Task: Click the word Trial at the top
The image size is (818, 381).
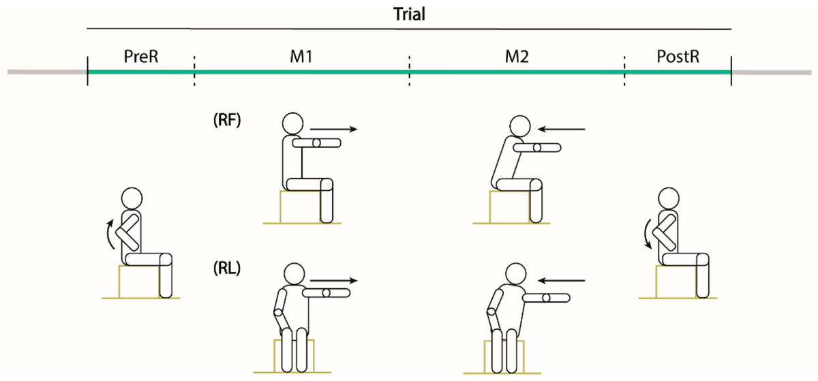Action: click(x=409, y=14)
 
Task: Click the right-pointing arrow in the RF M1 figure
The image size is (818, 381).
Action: click(x=333, y=128)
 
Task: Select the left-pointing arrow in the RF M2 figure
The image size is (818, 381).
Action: click(x=560, y=128)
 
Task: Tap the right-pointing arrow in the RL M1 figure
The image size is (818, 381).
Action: click(x=333, y=279)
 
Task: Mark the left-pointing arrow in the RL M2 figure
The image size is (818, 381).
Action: click(x=560, y=279)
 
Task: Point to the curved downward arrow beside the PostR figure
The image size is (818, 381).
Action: click(x=647, y=236)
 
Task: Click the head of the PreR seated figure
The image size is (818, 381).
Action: click(x=132, y=200)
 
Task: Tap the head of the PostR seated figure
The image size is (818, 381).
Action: click(x=669, y=200)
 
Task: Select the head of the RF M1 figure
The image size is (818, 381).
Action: click(x=292, y=123)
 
